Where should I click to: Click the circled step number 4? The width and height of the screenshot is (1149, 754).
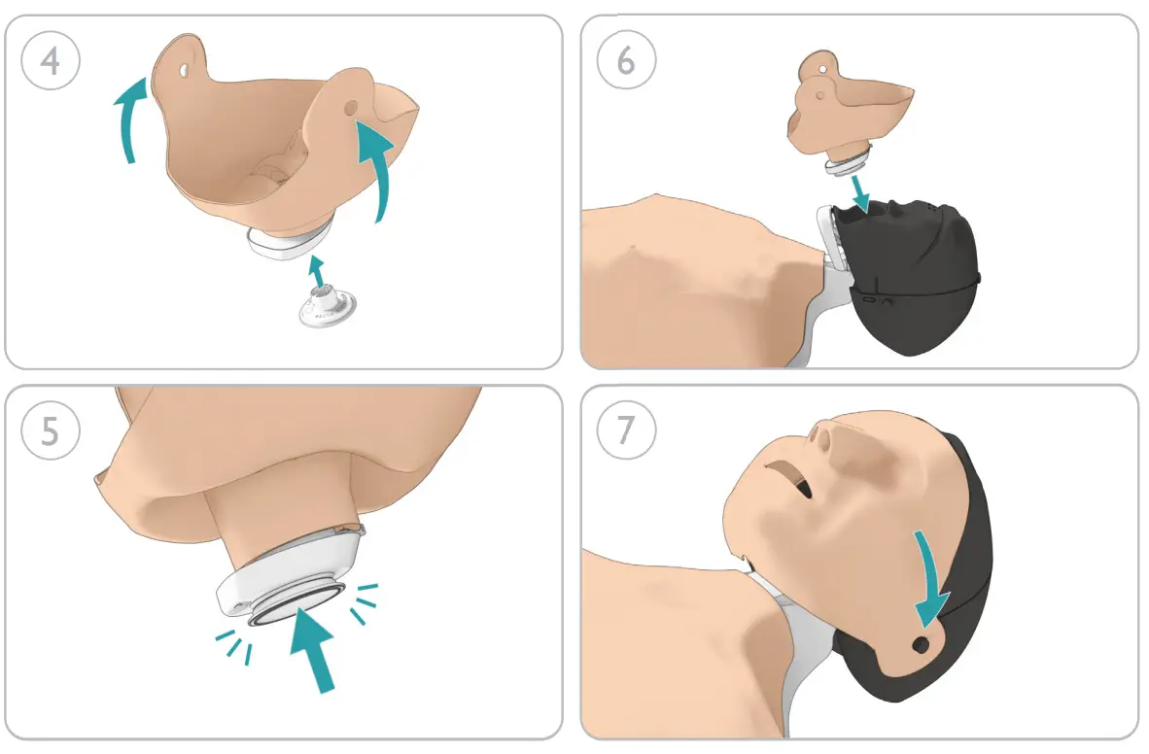coord(50,60)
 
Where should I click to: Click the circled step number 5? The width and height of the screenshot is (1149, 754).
coord(50,430)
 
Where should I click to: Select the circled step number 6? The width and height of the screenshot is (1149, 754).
coord(626,60)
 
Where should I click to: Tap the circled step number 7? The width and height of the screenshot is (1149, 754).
coord(626,430)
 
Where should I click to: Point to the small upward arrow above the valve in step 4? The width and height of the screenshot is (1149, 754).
coord(317,270)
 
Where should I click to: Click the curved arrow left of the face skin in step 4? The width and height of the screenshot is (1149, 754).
coord(132,120)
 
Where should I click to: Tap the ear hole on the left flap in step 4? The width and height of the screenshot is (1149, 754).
coord(182,70)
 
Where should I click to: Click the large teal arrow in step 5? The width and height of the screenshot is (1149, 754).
coord(314,648)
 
